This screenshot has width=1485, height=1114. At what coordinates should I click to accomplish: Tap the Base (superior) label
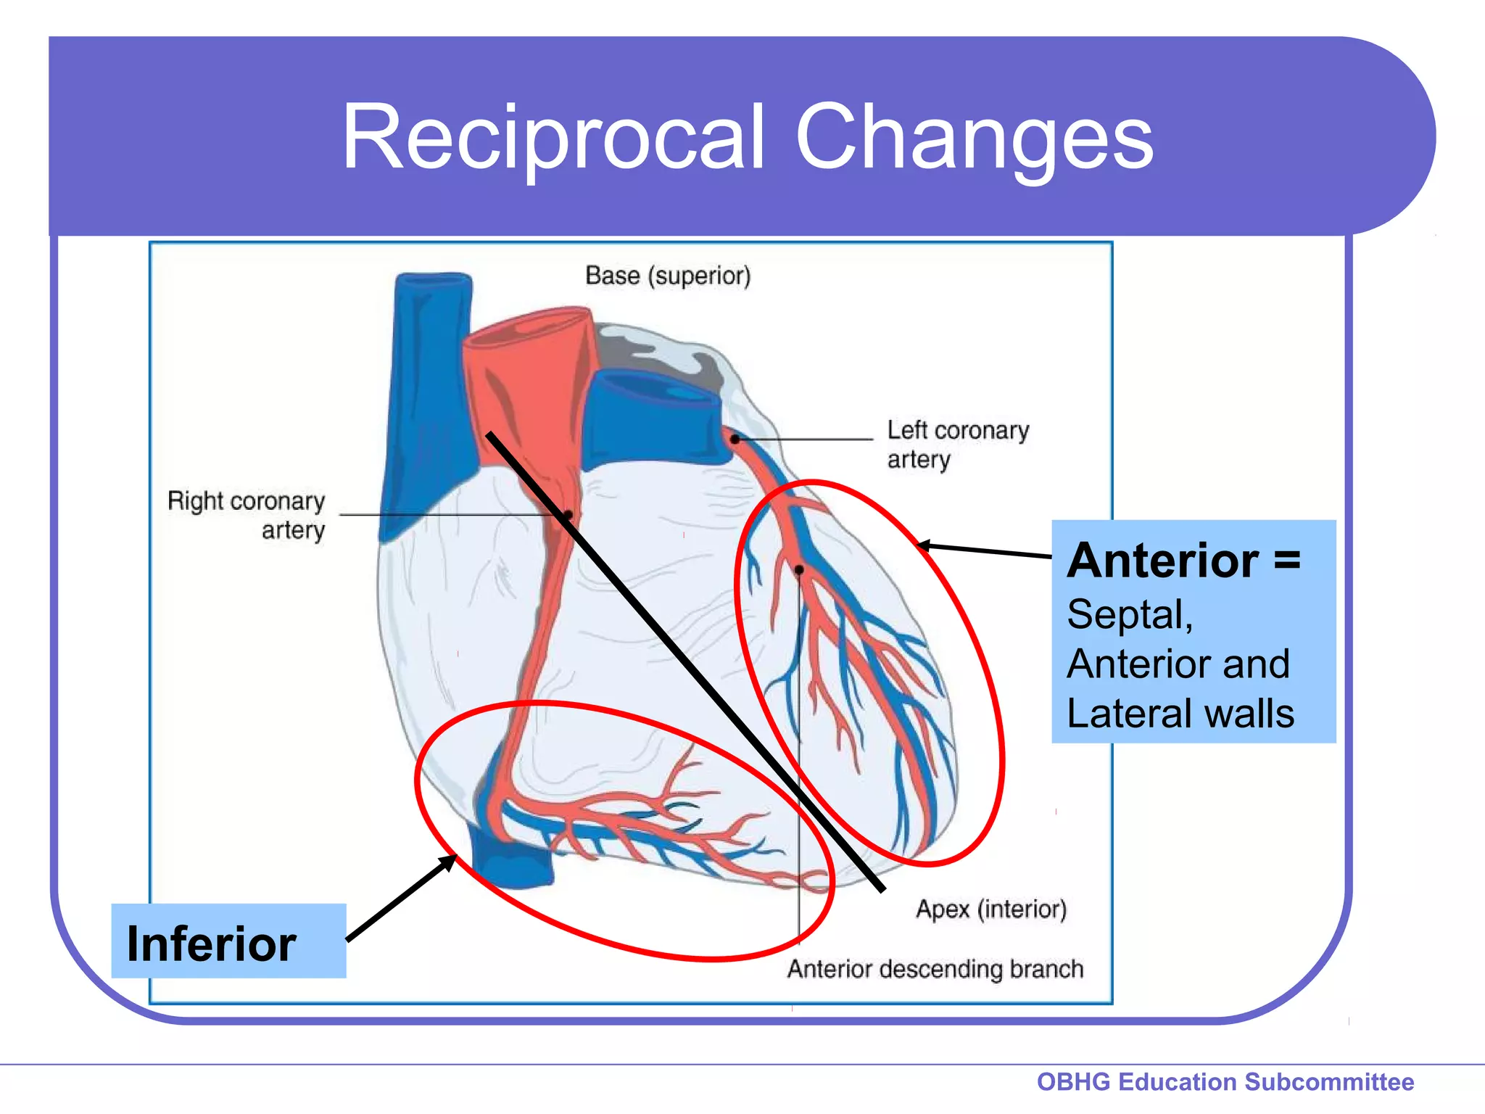pos(668,276)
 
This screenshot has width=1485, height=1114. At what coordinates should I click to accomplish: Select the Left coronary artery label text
pos(957,444)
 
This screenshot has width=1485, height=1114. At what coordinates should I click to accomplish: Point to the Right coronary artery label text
pos(247,515)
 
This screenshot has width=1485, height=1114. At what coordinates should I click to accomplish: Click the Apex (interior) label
pos(991,909)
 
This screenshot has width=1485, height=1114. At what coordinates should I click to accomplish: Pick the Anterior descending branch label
pos(935,969)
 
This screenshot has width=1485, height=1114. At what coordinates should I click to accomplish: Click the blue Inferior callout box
pos(228,941)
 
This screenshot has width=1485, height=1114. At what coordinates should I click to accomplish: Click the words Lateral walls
pos(1180,713)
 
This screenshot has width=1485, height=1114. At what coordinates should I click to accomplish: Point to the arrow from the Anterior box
pos(986,550)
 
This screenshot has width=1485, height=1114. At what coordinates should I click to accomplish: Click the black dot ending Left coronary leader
pos(735,439)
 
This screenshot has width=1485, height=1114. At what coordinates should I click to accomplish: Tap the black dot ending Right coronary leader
pos(568,515)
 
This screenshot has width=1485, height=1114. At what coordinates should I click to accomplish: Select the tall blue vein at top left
pos(428,392)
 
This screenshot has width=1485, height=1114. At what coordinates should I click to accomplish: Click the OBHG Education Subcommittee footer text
pos(1225,1081)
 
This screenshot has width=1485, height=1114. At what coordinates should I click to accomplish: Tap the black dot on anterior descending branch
pos(799,570)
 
